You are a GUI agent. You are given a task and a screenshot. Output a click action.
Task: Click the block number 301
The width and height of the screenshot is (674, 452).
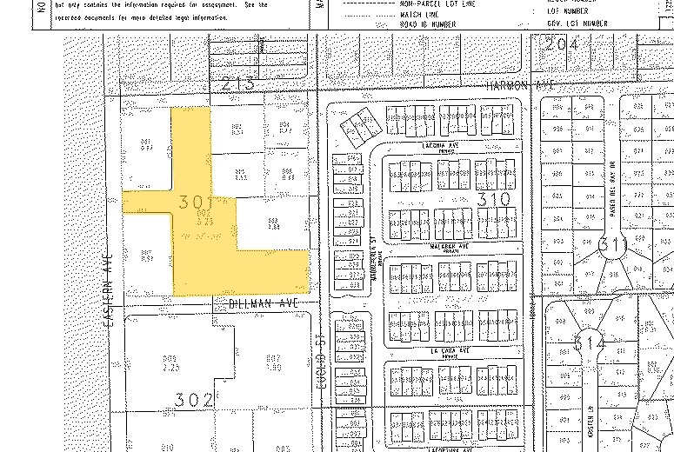194,202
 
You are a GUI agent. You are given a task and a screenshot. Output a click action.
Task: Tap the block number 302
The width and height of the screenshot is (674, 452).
193,400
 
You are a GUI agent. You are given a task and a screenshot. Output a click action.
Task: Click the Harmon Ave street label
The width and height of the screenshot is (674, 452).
521,84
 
